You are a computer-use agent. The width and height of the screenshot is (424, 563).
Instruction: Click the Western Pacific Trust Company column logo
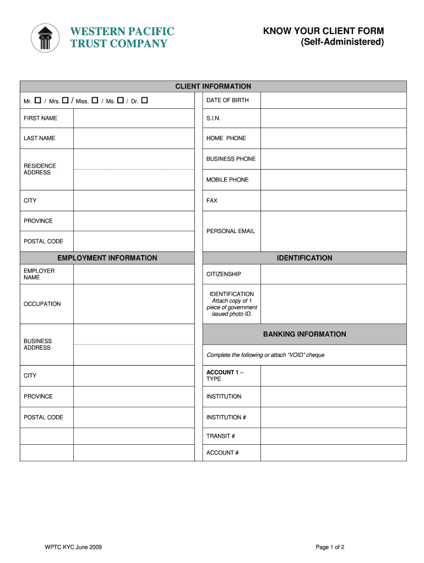pos(45,38)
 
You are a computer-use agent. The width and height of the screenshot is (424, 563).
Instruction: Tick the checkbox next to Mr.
pos(38,100)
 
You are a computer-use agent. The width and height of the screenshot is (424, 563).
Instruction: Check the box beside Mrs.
pos(65,100)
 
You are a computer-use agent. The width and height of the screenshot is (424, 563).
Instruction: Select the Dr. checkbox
pos(144,100)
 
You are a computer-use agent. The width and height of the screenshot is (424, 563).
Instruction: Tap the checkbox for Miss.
pos(95,100)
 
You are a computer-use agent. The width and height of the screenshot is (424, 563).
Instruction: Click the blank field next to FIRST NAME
pos(133,118)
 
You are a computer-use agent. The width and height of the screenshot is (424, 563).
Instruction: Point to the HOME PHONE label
pos(226,139)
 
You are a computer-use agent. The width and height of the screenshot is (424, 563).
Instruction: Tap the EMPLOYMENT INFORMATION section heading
pos(107,258)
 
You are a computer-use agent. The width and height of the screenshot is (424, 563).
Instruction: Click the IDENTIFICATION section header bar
pos(305,258)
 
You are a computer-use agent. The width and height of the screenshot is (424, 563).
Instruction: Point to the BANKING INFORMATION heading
pos(305,334)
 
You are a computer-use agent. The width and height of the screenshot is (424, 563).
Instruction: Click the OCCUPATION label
pos(42,304)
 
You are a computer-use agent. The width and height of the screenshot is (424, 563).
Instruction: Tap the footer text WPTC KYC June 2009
pos(73,547)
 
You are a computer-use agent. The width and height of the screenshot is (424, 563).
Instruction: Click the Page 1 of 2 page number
pos(330,547)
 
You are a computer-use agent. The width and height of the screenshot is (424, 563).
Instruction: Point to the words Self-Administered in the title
pos(342,42)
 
